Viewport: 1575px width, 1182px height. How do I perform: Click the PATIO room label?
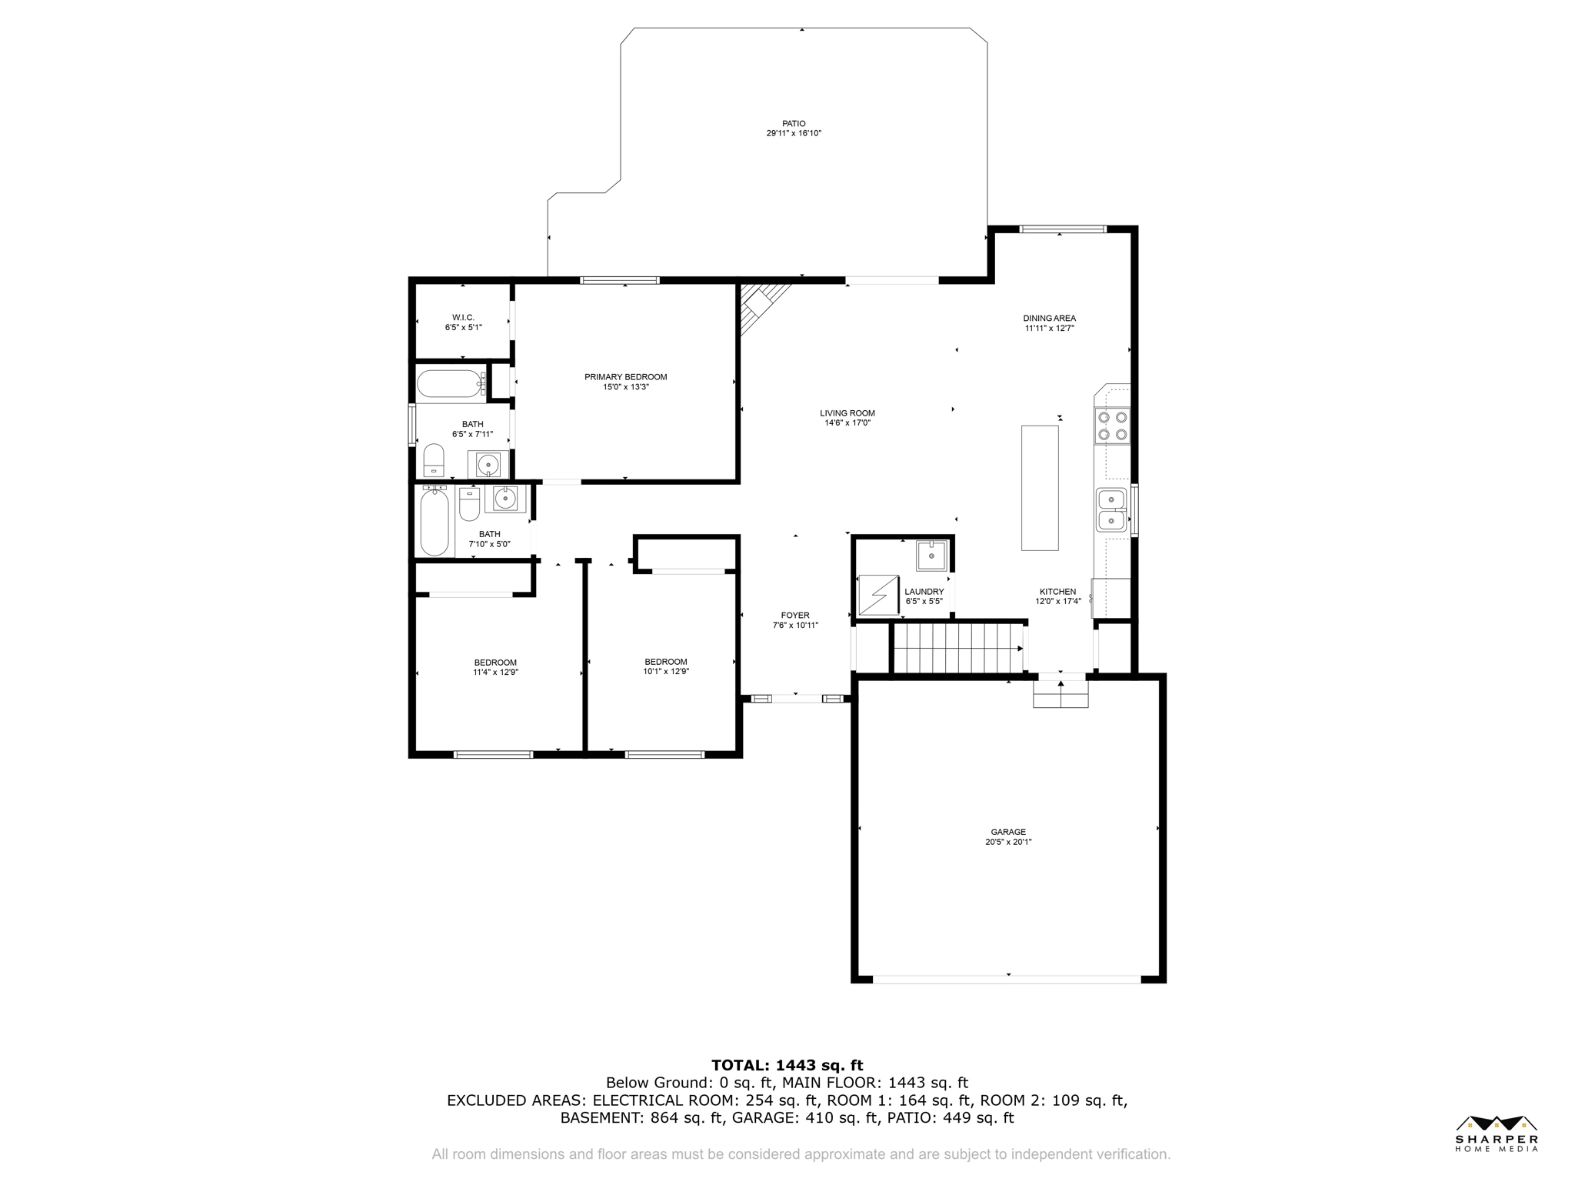tap(794, 123)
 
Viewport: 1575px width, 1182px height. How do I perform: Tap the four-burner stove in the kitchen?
tap(1113, 426)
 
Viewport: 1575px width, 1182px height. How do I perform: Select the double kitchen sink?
tap(1111, 509)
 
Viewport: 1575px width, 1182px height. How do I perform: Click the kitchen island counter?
tap(1040, 488)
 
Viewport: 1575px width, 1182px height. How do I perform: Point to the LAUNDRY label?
tap(924, 592)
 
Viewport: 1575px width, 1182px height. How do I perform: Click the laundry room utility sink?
tap(931, 556)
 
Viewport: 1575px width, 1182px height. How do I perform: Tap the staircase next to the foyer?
tap(958, 649)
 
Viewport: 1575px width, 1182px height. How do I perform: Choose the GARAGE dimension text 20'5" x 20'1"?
tap(1008, 842)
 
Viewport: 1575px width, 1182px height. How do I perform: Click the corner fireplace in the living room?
tap(761, 305)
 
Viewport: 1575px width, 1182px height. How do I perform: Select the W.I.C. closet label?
tap(463, 317)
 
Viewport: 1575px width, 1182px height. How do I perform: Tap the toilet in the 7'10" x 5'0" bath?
tap(469, 504)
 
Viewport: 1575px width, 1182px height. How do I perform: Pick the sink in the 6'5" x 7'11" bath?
tap(488, 465)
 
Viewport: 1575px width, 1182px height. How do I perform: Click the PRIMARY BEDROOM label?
tap(626, 377)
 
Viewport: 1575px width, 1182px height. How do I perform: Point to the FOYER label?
tap(795, 616)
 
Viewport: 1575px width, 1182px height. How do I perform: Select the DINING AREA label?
tap(1050, 318)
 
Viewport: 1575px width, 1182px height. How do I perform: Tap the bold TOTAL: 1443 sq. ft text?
tap(787, 1066)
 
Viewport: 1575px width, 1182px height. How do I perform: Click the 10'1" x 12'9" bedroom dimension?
tap(666, 671)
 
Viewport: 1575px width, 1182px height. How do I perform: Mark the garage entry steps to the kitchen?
tap(1061, 694)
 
